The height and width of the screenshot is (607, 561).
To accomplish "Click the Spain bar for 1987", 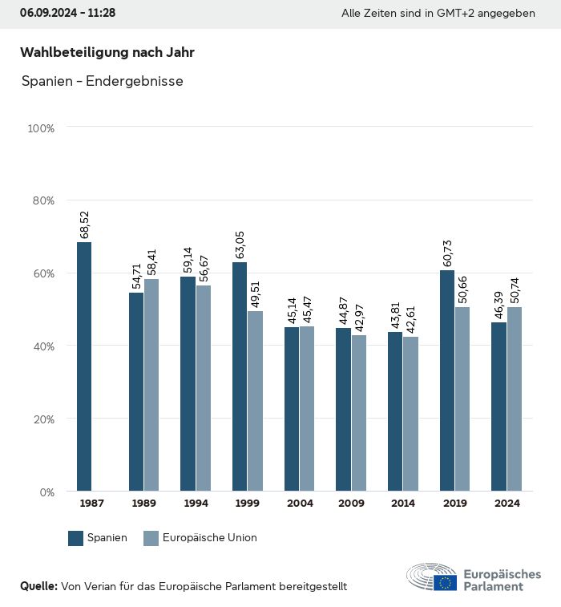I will click(84, 366).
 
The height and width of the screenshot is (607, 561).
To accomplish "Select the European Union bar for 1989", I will click(151, 385).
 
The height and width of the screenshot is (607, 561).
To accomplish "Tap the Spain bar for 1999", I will click(240, 377).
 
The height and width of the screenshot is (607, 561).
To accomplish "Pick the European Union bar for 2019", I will click(462, 399).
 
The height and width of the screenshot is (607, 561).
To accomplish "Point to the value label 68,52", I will click(84, 225).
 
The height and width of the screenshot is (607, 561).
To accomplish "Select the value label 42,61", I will click(410, 320).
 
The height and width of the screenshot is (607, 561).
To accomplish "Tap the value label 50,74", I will click(514, 290).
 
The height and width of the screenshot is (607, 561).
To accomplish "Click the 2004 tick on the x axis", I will click(300, 504).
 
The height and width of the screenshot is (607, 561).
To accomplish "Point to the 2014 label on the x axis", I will click(403, 504).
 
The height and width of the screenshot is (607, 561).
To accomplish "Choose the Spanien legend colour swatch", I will click(76, 538).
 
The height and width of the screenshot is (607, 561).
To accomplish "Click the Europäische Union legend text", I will click(209, 538).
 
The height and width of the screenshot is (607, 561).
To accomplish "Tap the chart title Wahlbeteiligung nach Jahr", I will click(107, 53).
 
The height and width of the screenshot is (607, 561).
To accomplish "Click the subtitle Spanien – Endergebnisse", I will click(103, 81).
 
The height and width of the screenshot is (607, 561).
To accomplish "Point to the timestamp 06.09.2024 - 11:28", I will click(68, 14).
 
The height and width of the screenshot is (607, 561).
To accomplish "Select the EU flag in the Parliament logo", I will click(446, 583).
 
